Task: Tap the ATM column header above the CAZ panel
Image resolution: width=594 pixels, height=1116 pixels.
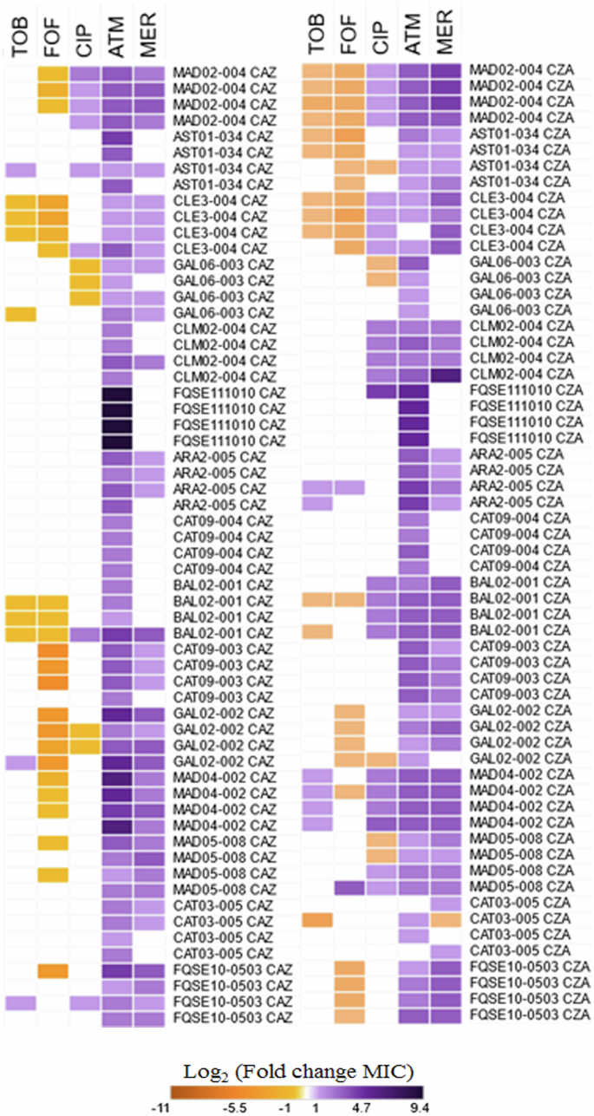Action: [118, 40]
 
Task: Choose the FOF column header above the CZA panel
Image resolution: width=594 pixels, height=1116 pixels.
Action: [350, 38]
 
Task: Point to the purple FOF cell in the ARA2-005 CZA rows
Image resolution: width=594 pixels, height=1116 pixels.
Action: [350, 487]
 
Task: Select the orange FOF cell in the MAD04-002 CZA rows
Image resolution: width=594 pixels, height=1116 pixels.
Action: [350, 791]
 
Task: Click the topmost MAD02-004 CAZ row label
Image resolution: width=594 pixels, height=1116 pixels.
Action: [225, 71]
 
